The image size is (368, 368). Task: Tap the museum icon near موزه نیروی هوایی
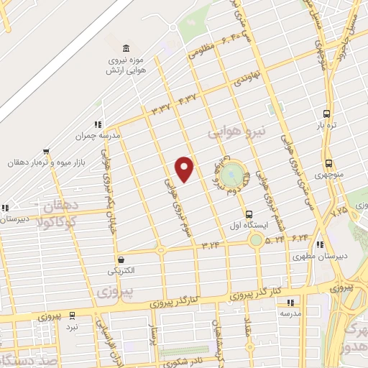tap(126, 48)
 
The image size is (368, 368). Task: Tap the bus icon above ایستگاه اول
tap(249, 213)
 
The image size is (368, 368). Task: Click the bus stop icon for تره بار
tap(327, 114)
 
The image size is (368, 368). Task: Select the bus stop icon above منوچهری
tap(328, 163)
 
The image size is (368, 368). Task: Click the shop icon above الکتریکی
tap(120, 260)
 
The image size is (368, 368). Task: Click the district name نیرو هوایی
tap(236, 132)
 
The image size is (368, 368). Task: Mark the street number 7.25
tap(339, 213)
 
